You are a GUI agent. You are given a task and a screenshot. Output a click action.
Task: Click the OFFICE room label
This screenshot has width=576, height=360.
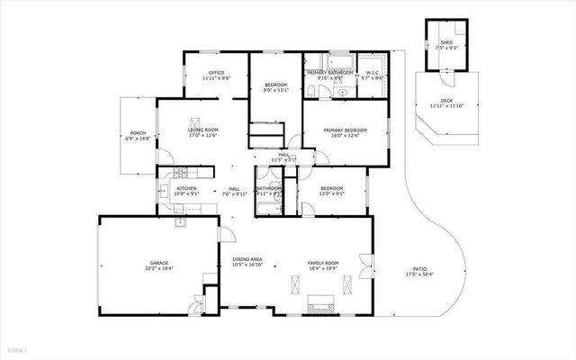pos(216,73)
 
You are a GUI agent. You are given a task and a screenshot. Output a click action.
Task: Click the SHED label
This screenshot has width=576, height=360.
pos(446,42)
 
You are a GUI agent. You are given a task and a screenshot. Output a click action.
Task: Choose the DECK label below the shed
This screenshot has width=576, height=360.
pos(447,101)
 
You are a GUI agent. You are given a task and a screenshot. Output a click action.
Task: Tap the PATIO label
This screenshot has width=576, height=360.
pos(419,269)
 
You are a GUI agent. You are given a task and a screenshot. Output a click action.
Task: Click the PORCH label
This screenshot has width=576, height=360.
pos(137,134)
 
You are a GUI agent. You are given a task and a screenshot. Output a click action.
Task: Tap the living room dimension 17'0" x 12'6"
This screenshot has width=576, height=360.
pos(203,136)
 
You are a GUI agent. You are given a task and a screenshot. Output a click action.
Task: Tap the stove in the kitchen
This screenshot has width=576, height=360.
pos(179,172)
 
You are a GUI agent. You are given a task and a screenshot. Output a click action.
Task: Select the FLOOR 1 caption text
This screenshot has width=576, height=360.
pos(18,348)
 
